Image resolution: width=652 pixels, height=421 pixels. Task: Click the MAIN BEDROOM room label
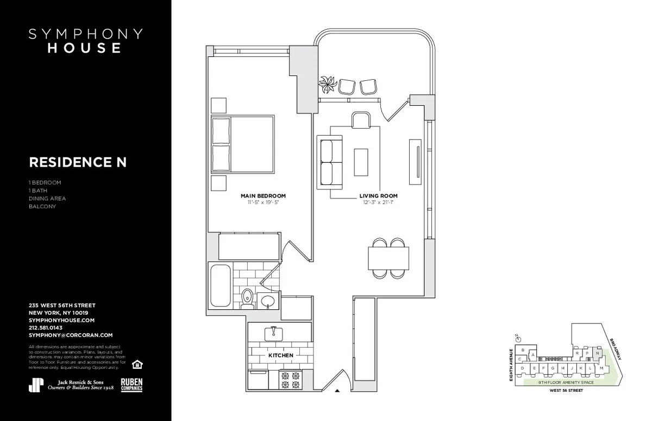[263, 196]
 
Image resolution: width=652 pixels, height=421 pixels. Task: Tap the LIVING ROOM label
[378, 196]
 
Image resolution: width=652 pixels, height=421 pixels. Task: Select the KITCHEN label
[280, 355]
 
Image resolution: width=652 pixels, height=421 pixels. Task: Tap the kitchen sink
[272, 332]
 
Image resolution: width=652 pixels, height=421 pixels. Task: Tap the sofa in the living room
[328, 162]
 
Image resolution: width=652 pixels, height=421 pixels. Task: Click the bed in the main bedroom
[242, 143]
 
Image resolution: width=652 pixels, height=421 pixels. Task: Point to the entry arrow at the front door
[337, 390]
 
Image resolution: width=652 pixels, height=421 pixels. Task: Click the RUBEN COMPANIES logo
[131, 384]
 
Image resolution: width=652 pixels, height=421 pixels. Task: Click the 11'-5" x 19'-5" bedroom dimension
[263, 202]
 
